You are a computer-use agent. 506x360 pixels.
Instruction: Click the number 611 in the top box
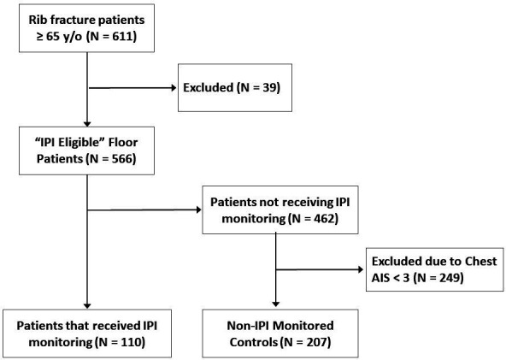click(122, 36)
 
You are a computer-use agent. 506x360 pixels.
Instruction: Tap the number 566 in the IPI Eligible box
click(122, 159)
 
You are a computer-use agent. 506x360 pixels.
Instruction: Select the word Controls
click(254, 342)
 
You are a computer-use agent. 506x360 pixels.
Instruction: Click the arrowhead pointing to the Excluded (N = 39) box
click(174, 88)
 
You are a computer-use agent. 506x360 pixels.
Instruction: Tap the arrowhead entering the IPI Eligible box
click(87, 124)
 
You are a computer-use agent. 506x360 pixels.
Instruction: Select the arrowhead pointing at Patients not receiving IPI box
click(198, 210)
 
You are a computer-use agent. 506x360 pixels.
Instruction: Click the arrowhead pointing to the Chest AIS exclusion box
click(361, 269)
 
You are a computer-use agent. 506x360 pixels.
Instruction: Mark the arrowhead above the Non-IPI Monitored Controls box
click(275, 304)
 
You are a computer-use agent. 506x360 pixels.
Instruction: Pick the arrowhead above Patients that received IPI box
click(87, 305)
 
